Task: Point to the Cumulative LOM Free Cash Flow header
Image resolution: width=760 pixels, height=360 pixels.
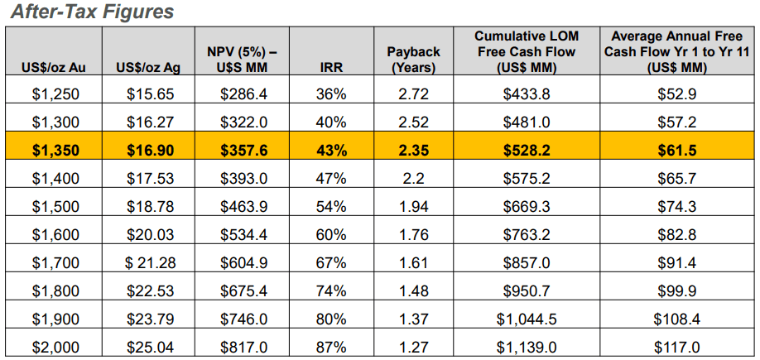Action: point(526,51)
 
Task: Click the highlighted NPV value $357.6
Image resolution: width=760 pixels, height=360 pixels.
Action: point(243,150)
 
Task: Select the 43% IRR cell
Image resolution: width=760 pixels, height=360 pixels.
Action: point(331,150)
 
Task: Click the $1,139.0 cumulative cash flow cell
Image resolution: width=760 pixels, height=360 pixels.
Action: point(526,347)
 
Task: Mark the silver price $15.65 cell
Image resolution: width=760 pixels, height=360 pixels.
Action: point(150,94)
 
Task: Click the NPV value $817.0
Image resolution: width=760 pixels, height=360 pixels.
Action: point(243,347)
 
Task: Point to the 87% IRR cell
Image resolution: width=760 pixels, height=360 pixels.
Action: point(331,347)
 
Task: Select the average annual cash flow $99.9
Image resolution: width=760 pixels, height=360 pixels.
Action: point(679,290)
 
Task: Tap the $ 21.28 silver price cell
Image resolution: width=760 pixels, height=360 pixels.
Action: point(150,262)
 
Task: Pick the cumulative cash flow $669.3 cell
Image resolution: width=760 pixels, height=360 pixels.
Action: point(526,206)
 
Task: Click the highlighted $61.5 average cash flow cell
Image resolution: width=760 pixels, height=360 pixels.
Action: point(679,150)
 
